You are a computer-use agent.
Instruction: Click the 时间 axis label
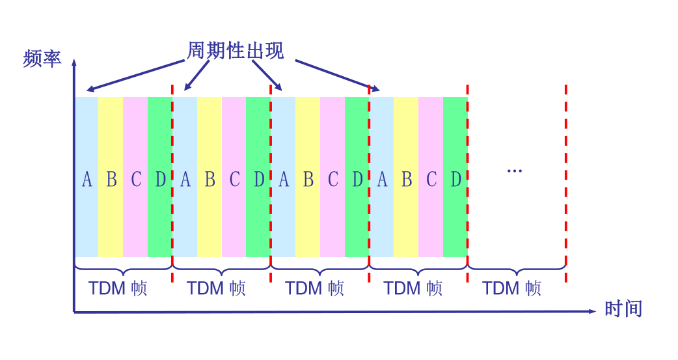[623, 308]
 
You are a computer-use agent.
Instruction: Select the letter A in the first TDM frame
[87, 179]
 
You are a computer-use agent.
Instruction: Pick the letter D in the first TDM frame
[160, 179]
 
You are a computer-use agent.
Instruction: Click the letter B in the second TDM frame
[210, 179]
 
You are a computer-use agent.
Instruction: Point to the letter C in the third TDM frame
[332, 179]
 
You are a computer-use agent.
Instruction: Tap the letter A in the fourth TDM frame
[382, 179]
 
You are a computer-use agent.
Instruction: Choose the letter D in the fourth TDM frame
[455, 179]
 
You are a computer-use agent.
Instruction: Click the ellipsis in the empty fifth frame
[514, 171]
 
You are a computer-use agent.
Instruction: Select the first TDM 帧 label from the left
[118, 288]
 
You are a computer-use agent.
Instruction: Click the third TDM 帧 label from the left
[314, 288]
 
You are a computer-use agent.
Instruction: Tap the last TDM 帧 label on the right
[511, 288]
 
